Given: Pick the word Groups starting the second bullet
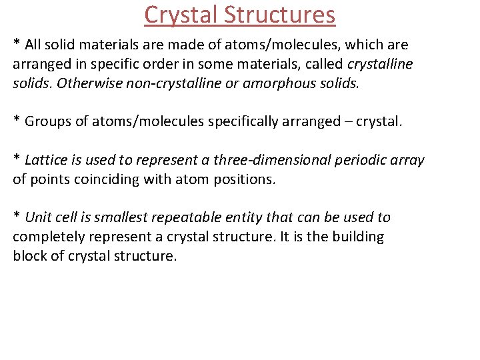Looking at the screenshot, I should click(48, 121).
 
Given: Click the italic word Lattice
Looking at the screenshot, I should click(47, 160).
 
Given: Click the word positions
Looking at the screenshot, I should click(244, 179).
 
